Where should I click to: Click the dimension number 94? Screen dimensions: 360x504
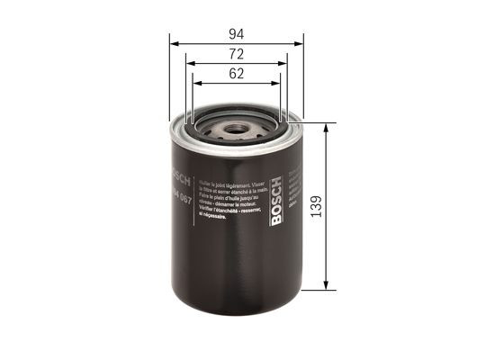coord(236,33)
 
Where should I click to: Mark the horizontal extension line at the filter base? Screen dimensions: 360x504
coord(311,291)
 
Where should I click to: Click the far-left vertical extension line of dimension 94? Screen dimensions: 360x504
coord(170,81)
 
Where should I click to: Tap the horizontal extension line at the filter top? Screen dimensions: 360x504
coord(311,122)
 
